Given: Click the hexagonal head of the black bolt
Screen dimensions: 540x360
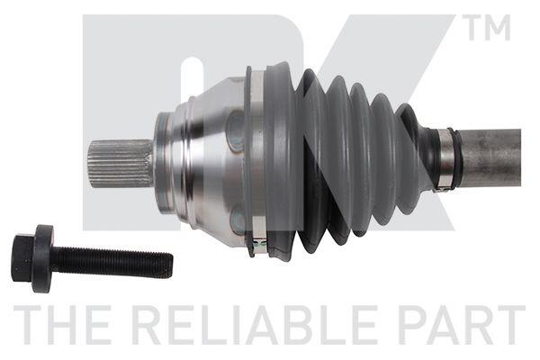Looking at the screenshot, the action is pos(23,257).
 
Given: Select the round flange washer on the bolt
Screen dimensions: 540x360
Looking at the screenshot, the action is pos(43,258).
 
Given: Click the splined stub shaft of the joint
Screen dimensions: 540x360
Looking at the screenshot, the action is pos(121,164).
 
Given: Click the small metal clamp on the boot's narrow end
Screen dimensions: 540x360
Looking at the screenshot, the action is pos(445,159).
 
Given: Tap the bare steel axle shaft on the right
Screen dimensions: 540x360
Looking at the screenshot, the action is pos(490,157).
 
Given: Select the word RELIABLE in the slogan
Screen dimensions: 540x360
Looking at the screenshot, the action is pos(256,325).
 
